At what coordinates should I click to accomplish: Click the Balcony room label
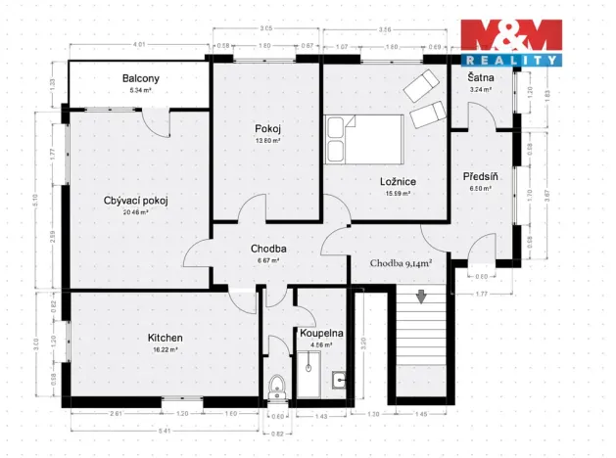pyautogui.click(x=141, y=78)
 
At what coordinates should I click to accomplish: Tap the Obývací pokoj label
pyautogui.click(x=136, y=201)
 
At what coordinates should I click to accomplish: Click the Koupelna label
pyautogui.click(x=322, y=334)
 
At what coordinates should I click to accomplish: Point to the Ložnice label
pyautogui.click(x=400, y=182)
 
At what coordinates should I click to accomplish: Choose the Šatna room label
pyautogui.click(x=480, y=78)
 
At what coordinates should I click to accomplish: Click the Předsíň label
pyautogui.click(x=483, y=176)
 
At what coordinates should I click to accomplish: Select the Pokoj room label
pyautogui.click(x=268, y=129)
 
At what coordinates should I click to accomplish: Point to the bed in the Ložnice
pyautogui.click(x=363, y=139)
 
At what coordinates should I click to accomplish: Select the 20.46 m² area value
pyautogui.click(x=136, y=212)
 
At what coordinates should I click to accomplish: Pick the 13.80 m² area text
pyautogui.click(x=268, y=140)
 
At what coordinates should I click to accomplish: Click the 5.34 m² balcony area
pyautogui.click(x=141, y=89)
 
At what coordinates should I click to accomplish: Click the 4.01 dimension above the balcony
pyautogui.click(x=140, y=45)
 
